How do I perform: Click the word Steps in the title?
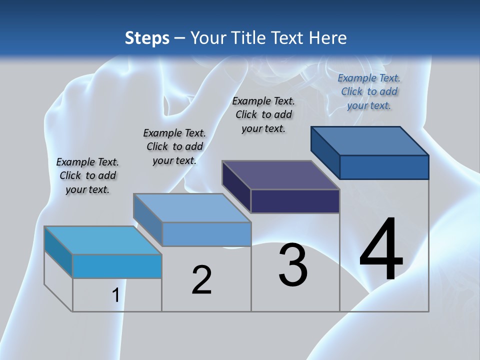(147, 38)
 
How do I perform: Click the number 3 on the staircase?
(293, 265)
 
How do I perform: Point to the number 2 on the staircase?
(201, 280)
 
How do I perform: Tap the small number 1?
(115, 295)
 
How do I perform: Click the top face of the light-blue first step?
(102, 240)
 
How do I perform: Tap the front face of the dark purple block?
(295, 201)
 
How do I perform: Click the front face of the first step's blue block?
(117, 266)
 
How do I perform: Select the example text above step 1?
(87, 175)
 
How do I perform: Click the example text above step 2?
(174, 146)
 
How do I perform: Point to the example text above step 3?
(263, 114)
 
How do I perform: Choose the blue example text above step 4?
(369, 91)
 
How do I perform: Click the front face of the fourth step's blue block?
(384, 167)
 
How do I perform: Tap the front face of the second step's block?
(206, 234)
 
